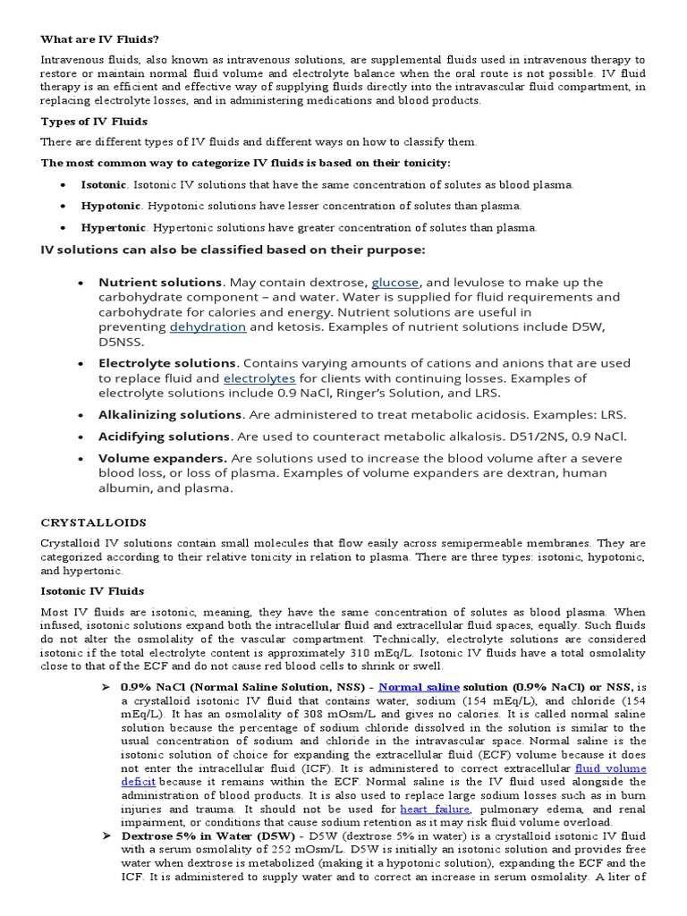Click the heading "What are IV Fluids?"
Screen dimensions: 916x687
coord(99,38)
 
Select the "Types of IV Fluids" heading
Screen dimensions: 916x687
coord(94,121)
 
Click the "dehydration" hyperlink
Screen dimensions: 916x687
coord(208,327)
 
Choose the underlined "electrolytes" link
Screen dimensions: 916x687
coord(259,378)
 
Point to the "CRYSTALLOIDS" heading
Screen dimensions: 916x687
coord(94,522)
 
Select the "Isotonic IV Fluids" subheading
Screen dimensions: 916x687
coord(93,590)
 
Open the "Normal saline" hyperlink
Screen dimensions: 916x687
coord(419,687)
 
